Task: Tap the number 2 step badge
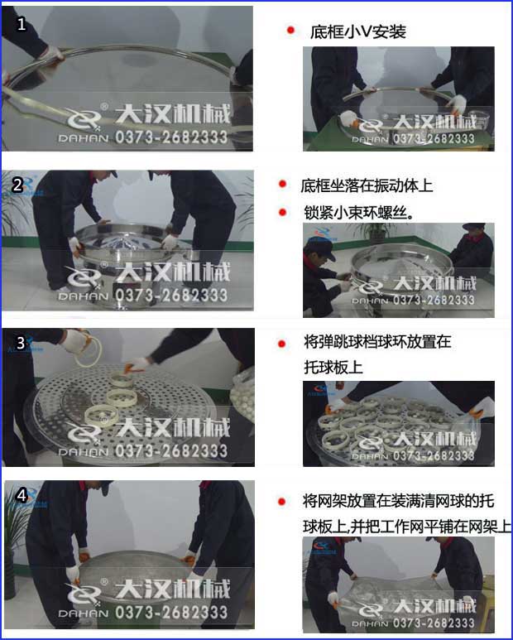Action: pyautogui.click(x=17, y=185)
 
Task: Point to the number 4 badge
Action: pyautogui.click(x=22, y=495)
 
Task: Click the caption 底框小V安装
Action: pyautogui.click(x=358, y=32)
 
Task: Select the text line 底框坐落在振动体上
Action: pyautogui.click(x=367, y=185)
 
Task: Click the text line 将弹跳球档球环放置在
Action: pyautogui.click(x=377, y=341)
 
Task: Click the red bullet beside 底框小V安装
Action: pyautogui.click(x=290, y=31)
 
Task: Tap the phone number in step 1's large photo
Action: pyautogui.click(x=170, y=135)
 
